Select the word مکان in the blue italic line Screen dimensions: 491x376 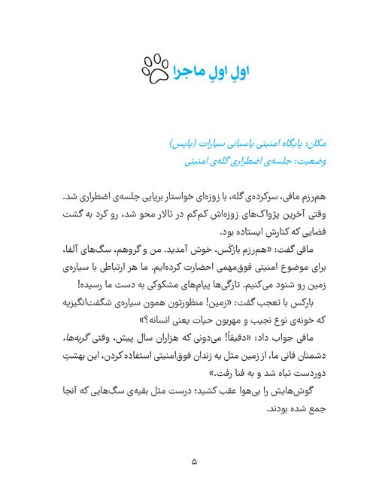click(305, 141)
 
